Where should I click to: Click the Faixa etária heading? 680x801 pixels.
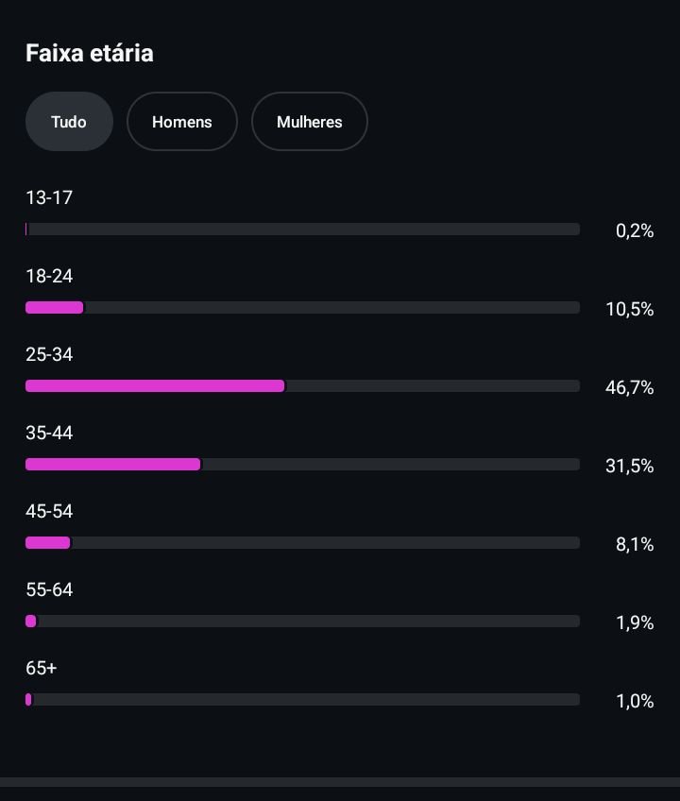[x=89, y=53]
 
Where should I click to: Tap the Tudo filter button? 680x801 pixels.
[x=69, y=122]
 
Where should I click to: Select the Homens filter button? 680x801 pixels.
[x=181, y=122]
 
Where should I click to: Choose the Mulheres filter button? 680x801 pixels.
[x=309, y=122]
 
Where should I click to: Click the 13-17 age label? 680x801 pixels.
[x=49, y=197]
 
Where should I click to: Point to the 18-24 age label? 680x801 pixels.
[x=49, y=276]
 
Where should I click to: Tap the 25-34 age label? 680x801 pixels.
[x=49, y=354]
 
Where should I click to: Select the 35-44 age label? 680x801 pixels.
[x=49, y=433]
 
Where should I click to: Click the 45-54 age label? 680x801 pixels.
[x=49, y=511]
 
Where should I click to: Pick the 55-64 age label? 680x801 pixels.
[x=49, y=589]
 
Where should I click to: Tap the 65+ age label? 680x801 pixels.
[x=42, y=668]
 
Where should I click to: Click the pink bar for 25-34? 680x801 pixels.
[x=155, y=385]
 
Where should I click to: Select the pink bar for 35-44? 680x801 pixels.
[x=113, y=464]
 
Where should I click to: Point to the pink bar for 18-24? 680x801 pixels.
[x=55, y=307]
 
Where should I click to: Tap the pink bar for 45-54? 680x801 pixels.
[x=48, y=542]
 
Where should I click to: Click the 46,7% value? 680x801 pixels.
[x=629, y=387]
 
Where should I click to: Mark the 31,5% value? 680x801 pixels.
[x=629, y=466]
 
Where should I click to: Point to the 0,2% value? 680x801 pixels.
[x=635, y=230]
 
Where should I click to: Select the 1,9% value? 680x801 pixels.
[x=635, y=622]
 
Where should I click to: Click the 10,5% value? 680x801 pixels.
[x=629, y=309]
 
